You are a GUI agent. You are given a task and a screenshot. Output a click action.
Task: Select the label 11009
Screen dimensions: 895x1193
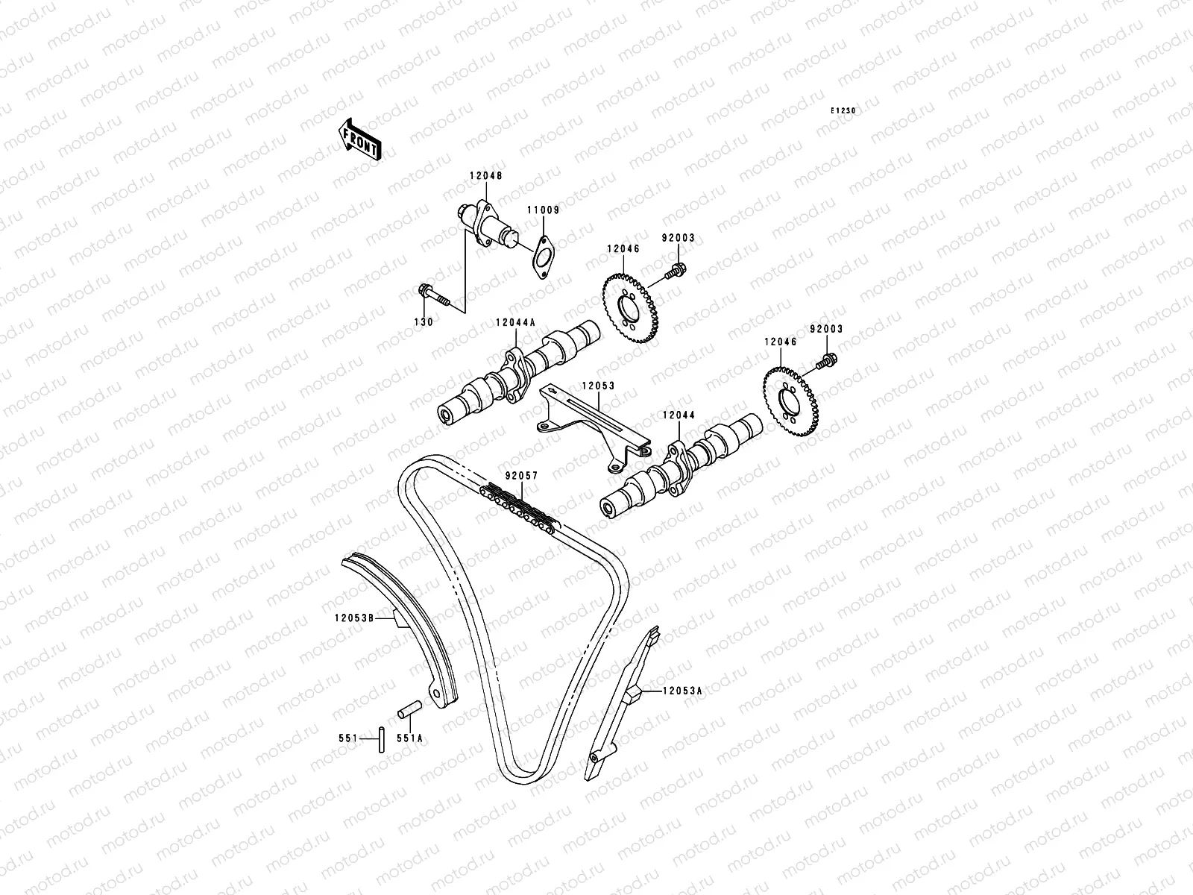pyautogui.click(x=544, y=210)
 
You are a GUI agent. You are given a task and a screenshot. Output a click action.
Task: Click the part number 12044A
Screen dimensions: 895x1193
pyautogui.click(x=515, y=324)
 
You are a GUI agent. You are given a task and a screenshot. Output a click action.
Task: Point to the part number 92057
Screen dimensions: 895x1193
pyautogui.click(x=520, y=475)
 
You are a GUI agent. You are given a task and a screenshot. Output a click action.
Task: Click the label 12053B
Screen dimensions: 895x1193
pyautogui.click(x=353, y=617)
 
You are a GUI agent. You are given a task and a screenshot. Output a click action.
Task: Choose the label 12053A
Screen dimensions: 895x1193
pyautogui.click(x=682, y=691)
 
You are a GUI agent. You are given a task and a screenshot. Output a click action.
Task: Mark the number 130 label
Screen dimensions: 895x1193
pyautogui.click(x=424, y=322)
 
